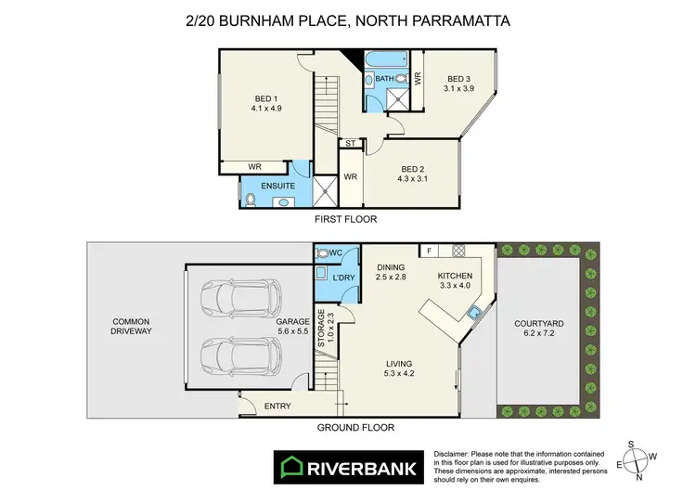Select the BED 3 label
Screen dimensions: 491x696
[458, 79]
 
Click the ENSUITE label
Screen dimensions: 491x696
[278, 187]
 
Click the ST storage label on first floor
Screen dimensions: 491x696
[350, 143]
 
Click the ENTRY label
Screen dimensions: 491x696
[277, 406]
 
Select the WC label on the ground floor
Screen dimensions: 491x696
[335, 252]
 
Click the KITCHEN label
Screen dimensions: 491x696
[455, 276]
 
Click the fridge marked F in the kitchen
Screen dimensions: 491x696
[430, 251]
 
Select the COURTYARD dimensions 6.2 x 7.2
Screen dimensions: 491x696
[539, 336]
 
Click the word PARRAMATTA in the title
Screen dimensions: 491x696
[462, 19]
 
